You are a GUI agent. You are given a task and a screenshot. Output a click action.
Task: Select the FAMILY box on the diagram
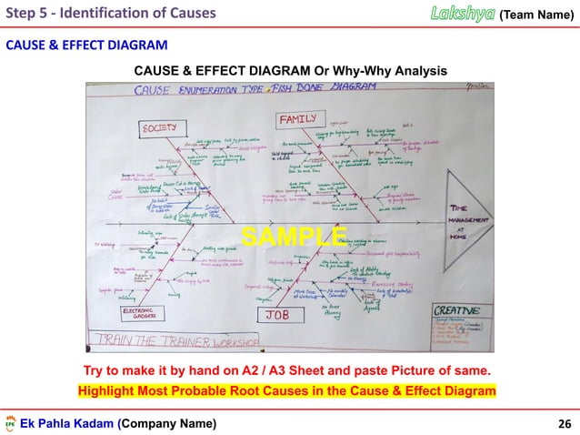click(297, 120)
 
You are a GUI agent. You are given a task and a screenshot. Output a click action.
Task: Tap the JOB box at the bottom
click(278, 314)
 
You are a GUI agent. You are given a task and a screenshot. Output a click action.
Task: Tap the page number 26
click(563, 423)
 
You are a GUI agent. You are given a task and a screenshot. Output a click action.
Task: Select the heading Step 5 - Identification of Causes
click(110, 13)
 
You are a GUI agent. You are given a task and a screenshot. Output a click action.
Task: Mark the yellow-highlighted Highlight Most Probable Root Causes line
click(287, 390)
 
